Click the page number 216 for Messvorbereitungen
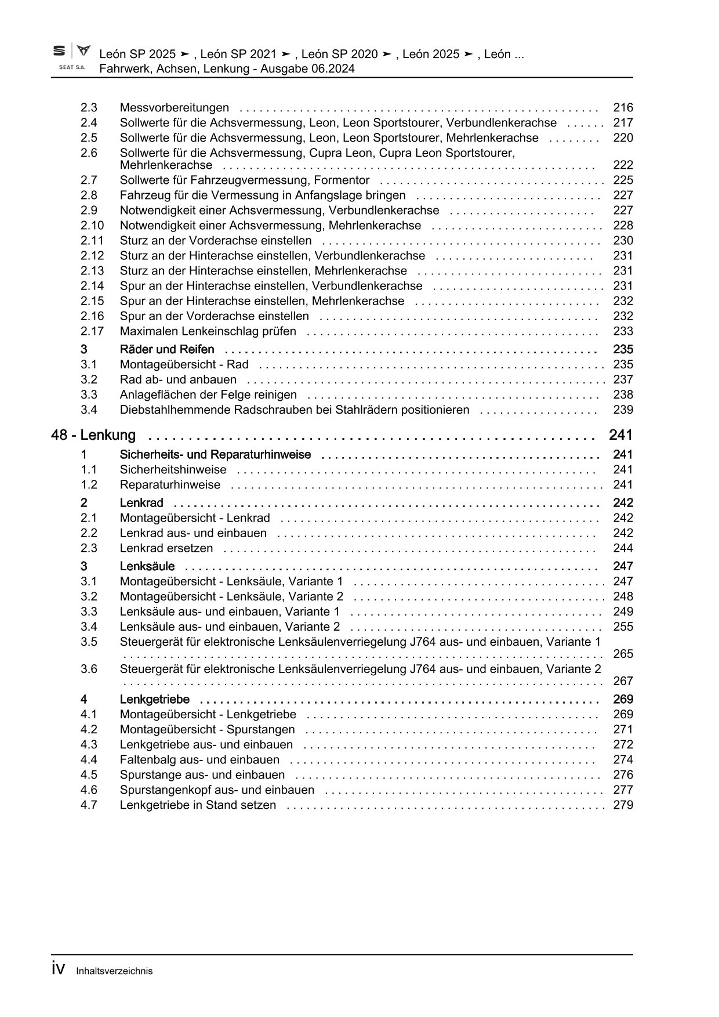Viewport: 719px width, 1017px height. click(x=623, y=107)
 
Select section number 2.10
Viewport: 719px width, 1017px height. click(x=92, y=225)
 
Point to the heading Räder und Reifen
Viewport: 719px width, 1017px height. click(x=167, y=349)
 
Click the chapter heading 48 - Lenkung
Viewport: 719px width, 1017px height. click(x=93, y=435)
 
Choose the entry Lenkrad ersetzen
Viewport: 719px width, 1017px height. click(x=166, y=548)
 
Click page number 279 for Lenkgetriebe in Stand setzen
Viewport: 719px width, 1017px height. click(x=623, y=805)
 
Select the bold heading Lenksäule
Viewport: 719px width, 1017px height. click(x=147, y=566)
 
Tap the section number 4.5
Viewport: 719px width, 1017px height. click(x=89, y=774)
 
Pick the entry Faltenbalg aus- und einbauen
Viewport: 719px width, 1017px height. click(x=199, y=759)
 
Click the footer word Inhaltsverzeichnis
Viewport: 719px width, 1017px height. click(x=114, y=971)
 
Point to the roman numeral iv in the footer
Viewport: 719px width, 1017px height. click(x=58, y=969)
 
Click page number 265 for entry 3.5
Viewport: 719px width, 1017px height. click(x=623, y=654)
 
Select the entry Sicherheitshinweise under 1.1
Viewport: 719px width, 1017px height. click(x=173, y=469)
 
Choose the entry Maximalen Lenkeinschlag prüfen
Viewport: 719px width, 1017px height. click(x=208, y=331)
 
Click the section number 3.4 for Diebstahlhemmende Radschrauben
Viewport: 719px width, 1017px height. click(x=89, y=410)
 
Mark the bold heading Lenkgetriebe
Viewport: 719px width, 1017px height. click(x=154, y=699)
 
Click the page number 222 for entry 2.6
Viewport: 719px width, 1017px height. click(x=623, y=165)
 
